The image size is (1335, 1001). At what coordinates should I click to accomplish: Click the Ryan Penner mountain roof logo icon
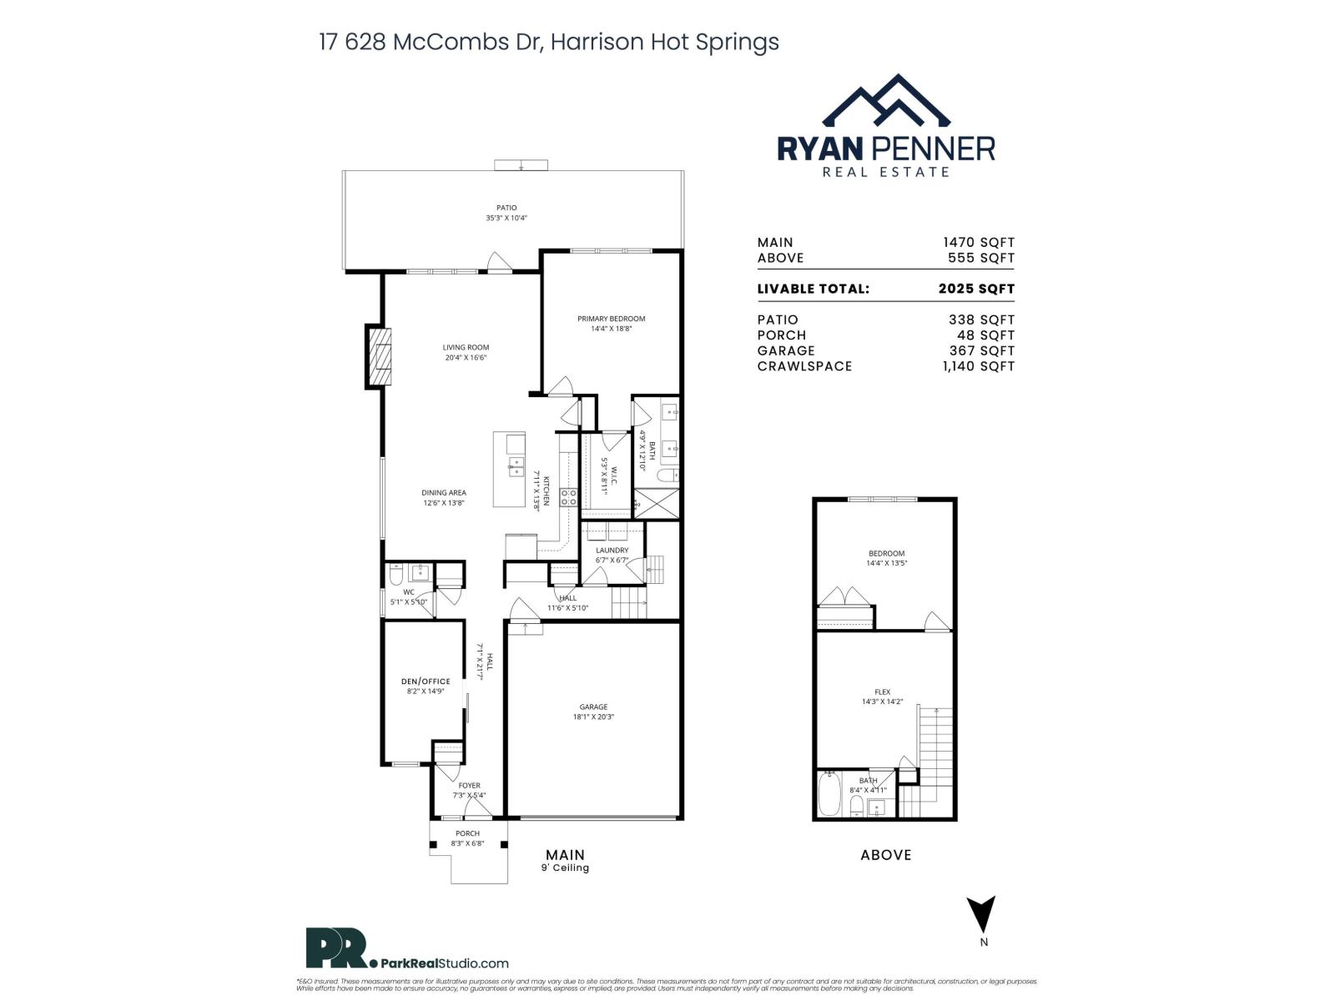point(886,102)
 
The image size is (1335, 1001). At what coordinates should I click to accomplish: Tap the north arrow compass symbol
point(984,914)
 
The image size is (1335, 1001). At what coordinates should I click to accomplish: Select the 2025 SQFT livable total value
point(976,289)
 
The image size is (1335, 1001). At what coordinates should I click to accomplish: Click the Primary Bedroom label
point(611,319)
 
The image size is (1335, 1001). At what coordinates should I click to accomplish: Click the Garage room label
point(593,707)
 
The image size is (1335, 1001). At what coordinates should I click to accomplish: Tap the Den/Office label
point(426,682)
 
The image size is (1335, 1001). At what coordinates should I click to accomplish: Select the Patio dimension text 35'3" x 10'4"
point(506,218)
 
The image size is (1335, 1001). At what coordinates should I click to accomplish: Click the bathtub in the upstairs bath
point(829,794)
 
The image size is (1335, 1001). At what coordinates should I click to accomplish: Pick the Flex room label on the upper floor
point(882,692)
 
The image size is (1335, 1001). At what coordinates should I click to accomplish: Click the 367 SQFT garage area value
point(981,350)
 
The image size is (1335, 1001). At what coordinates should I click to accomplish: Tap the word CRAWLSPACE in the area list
point(804,366)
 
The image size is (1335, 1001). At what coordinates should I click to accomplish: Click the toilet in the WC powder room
point(396,574)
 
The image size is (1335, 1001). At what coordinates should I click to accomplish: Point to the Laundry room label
point(612,551)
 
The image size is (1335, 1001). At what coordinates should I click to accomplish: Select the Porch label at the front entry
point(467,833)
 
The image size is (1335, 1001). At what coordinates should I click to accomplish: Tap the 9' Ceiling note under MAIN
point(565,868)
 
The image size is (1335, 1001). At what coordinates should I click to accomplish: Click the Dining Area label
point(443,493)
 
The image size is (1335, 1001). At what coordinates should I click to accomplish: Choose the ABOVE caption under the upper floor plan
point(885,854)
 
